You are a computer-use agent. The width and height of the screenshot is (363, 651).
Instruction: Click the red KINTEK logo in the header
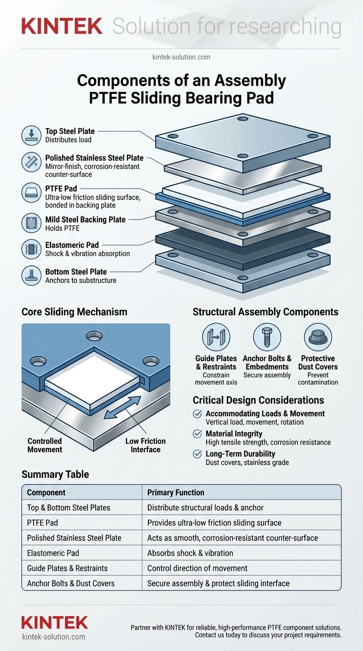(62, 26)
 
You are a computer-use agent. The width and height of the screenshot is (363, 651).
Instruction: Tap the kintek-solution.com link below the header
(181, 57)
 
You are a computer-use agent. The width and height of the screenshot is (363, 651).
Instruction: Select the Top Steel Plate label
(70, 131)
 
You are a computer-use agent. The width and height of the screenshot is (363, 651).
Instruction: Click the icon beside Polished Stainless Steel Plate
(31, 162)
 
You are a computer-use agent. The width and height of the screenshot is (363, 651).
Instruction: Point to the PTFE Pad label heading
(61, 189)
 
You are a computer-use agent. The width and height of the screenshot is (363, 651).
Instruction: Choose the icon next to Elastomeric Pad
(31, 249)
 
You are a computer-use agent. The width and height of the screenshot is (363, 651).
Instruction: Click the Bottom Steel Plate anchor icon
(31, 275)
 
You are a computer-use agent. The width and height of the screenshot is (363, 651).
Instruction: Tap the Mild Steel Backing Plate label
(86, 220)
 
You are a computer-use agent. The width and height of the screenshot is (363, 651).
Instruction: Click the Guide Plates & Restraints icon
(216, 337)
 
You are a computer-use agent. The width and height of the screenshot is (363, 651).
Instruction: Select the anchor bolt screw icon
(267, 337)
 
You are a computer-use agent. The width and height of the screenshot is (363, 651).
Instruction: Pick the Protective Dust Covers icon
(318, 337)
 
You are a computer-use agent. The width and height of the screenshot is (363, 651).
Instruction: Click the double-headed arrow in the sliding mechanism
(122, 407)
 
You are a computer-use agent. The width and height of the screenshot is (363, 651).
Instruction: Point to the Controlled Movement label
(45, 445)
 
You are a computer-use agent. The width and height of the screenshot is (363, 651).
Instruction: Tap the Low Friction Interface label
(146, 445)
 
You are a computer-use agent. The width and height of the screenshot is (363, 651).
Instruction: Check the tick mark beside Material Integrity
(198, 434)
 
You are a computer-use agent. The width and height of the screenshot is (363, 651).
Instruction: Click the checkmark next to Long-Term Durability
(198, 454)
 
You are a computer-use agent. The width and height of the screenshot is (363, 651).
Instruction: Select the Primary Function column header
(176, 493)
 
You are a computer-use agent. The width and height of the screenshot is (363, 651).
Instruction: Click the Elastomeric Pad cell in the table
(53, 553)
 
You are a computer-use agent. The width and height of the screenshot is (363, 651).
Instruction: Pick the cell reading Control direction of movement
(197, 568)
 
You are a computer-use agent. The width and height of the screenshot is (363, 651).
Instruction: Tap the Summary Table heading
(55, 475)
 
